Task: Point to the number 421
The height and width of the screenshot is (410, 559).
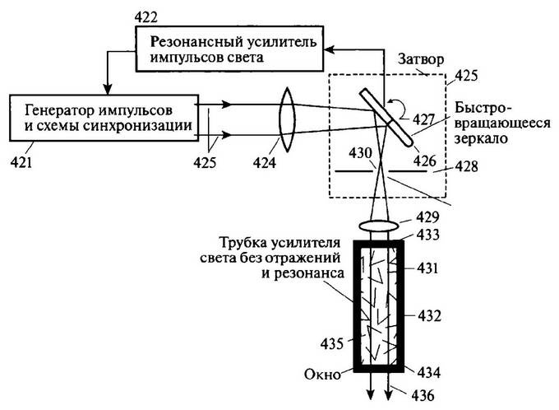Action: (x=22, y=162)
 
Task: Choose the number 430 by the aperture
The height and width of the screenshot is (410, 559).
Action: (x=359, y=152)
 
